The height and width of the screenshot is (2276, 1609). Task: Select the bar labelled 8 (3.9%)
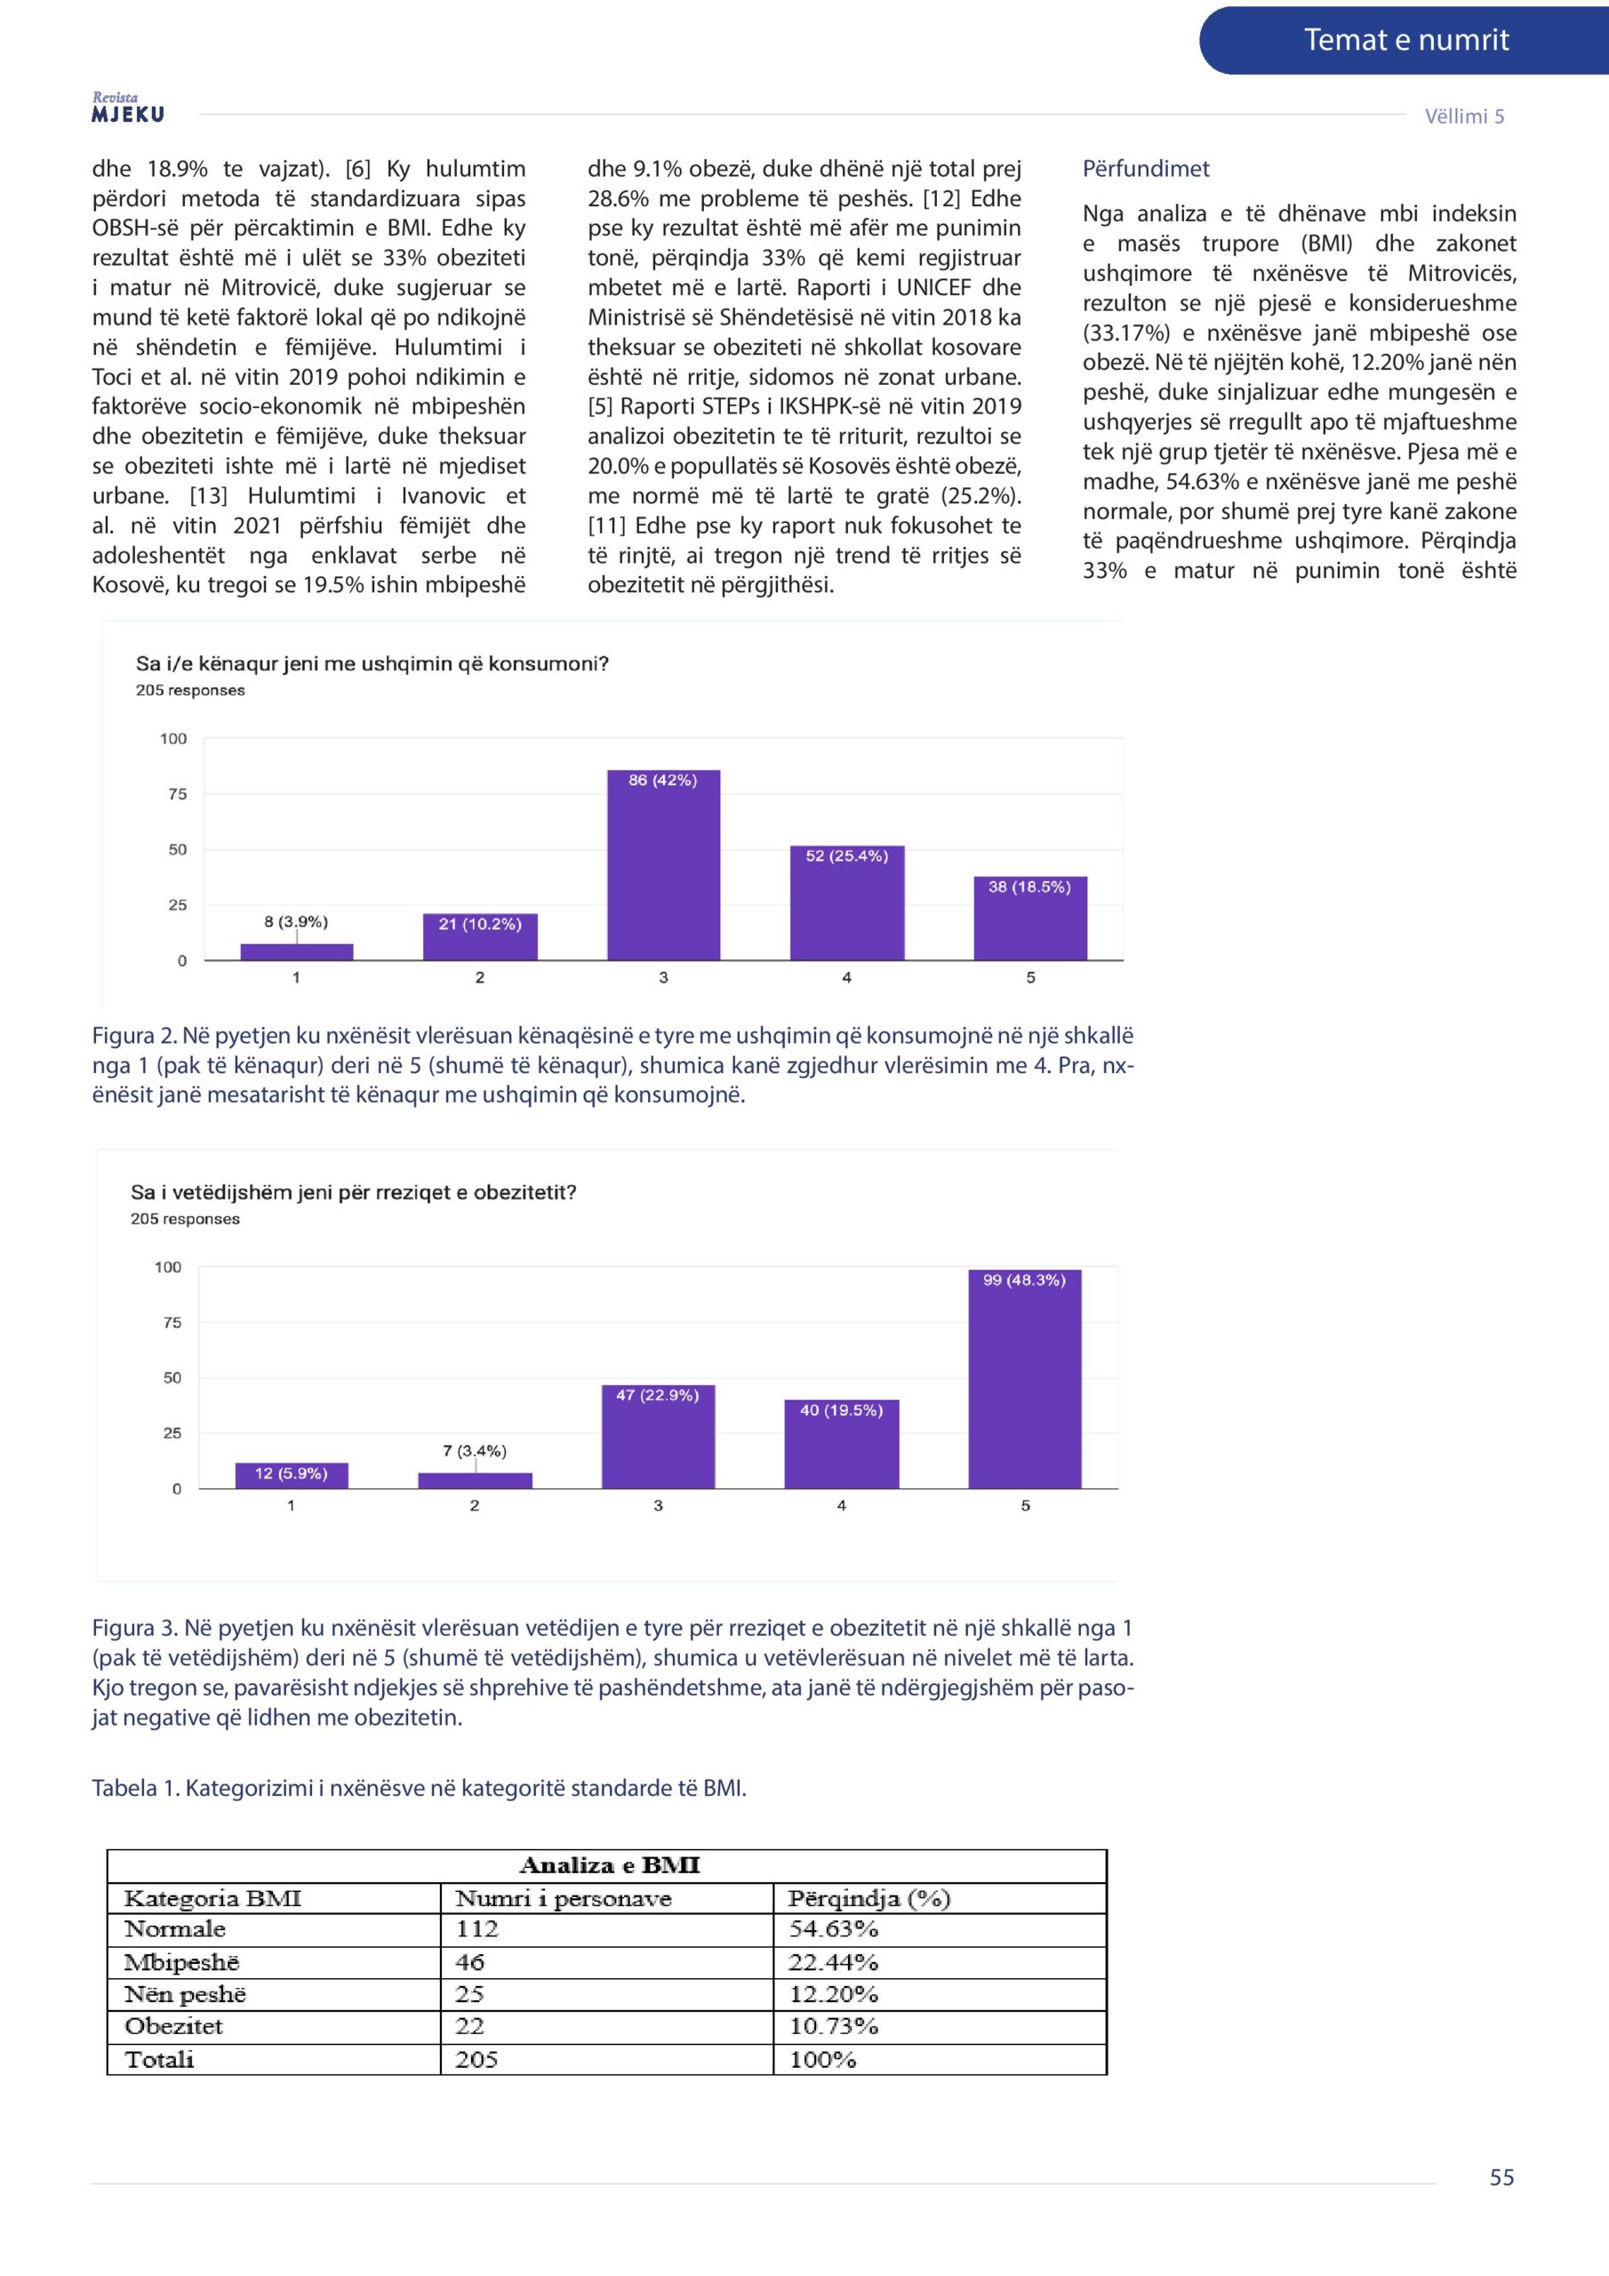coord(296,951)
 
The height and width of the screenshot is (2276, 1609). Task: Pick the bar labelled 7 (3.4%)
coord(475,1480)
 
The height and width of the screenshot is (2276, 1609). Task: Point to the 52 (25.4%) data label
coord(845,855)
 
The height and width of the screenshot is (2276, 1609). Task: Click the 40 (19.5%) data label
coord(841,1410)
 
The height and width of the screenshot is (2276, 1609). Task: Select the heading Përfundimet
coord(1145,169)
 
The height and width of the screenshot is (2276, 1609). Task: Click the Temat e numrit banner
coord(1405,41)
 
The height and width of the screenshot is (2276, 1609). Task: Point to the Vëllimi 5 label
coord(1463,116)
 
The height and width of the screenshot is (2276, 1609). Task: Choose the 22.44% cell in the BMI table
coord(833,1962)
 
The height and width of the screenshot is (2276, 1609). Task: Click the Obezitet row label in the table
coord(173,2026)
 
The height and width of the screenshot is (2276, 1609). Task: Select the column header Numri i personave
coord(562,1898)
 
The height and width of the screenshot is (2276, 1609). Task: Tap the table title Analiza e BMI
coord(609,1865)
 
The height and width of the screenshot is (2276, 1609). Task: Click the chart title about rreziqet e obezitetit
coord(353,1191)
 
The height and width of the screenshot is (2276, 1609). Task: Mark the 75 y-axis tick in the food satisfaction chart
coord(178,794)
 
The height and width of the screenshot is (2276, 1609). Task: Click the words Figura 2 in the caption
coord(135,1036)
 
